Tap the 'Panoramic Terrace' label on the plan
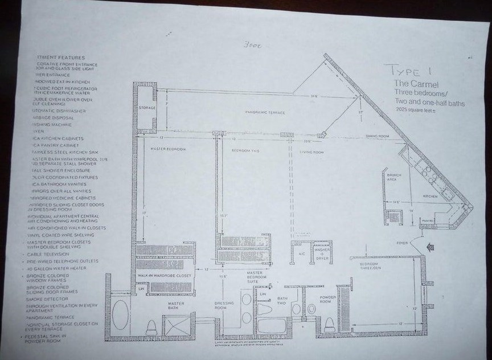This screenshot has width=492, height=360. click(x=265, y=113)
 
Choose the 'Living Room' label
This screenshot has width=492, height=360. click(x=311, y=152)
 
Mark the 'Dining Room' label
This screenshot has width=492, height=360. click(x=377, y=137)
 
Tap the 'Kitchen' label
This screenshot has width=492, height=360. click(x=430, y=196)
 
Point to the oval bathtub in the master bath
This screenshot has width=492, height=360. click(x=120, y=314)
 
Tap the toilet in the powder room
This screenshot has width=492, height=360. click(x=329, y=324)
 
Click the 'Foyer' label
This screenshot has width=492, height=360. click(x=403, y=243)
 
